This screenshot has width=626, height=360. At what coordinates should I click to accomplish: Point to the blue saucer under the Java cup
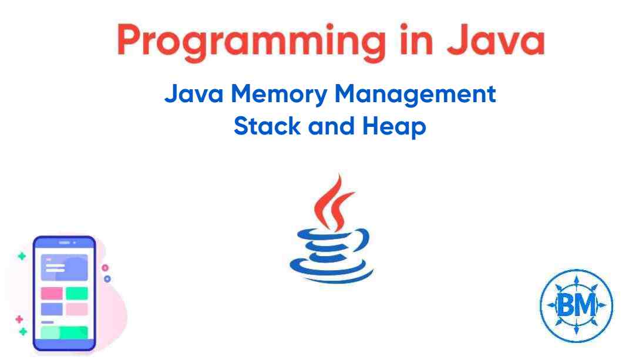click(332, 271)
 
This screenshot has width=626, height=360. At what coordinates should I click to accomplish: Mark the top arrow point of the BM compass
click(575, 276)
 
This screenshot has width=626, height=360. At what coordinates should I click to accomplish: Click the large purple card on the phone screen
click(63, 267)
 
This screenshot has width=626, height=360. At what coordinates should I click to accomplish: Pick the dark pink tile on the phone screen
click(51, 293)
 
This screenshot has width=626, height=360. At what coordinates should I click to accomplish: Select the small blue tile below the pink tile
click(51, 309)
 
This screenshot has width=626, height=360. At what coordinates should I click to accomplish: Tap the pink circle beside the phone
click(105, 267)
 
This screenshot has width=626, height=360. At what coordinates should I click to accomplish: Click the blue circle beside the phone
click(107, 278)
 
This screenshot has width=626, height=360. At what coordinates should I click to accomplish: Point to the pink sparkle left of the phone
click(19, 319)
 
